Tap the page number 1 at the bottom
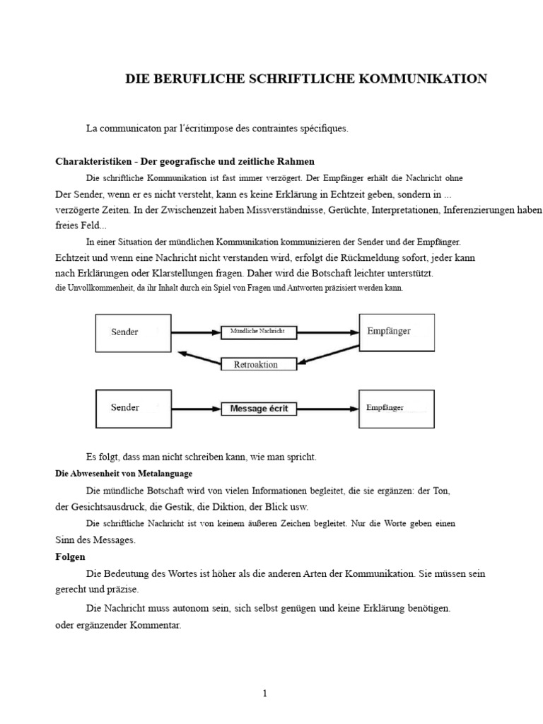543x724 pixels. (264, 694)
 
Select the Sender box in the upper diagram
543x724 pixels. (133, 332)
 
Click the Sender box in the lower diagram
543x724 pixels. (133, 408)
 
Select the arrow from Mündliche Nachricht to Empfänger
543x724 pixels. (328, 332)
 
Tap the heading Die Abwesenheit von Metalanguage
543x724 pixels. (124, 473)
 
